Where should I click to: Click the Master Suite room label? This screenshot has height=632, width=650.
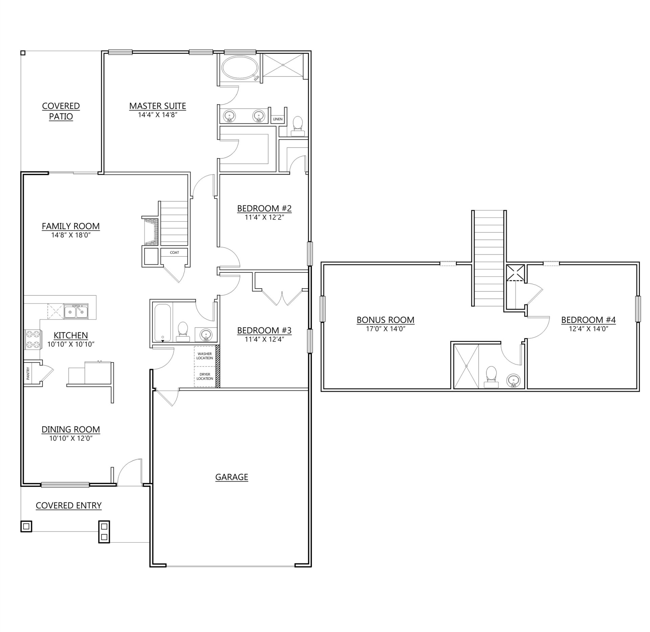pyautogui.click(x=157, y=106)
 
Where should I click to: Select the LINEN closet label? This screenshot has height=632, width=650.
pyautogui.click(x=278, y=119)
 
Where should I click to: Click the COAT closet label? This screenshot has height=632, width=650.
pyautogui.click(x=174, y=252)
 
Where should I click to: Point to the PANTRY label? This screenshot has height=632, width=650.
pyautogui.click(x=28, y=373)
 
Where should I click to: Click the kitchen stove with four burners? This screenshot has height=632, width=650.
pyautogui.click(x=32, y=340)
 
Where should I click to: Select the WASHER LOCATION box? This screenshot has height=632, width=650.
pyautogui.click(x=205, y=356)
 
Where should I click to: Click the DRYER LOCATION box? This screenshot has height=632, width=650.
pyautogui.click(x=205, y=376)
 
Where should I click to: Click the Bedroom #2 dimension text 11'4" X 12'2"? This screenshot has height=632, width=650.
pyautogui.click(x=264, y=217)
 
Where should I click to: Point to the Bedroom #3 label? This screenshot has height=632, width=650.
pyautogui.click(x=264, y=330)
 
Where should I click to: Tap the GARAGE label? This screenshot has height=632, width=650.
pyautogui.click(x=232, y=477)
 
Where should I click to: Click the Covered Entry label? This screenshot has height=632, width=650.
pyautogui.click(x=69, y=505)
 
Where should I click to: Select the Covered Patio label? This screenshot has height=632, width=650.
pyautogui.click(x=61, y=111)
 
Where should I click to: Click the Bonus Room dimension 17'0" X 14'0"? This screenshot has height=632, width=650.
pyautogui.click(x=385, y=329)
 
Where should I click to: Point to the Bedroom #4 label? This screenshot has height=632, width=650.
pyautogui.click(x=588, y=320)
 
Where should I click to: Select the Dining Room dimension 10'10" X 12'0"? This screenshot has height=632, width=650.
pyautogui.click(x=71, y=438)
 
